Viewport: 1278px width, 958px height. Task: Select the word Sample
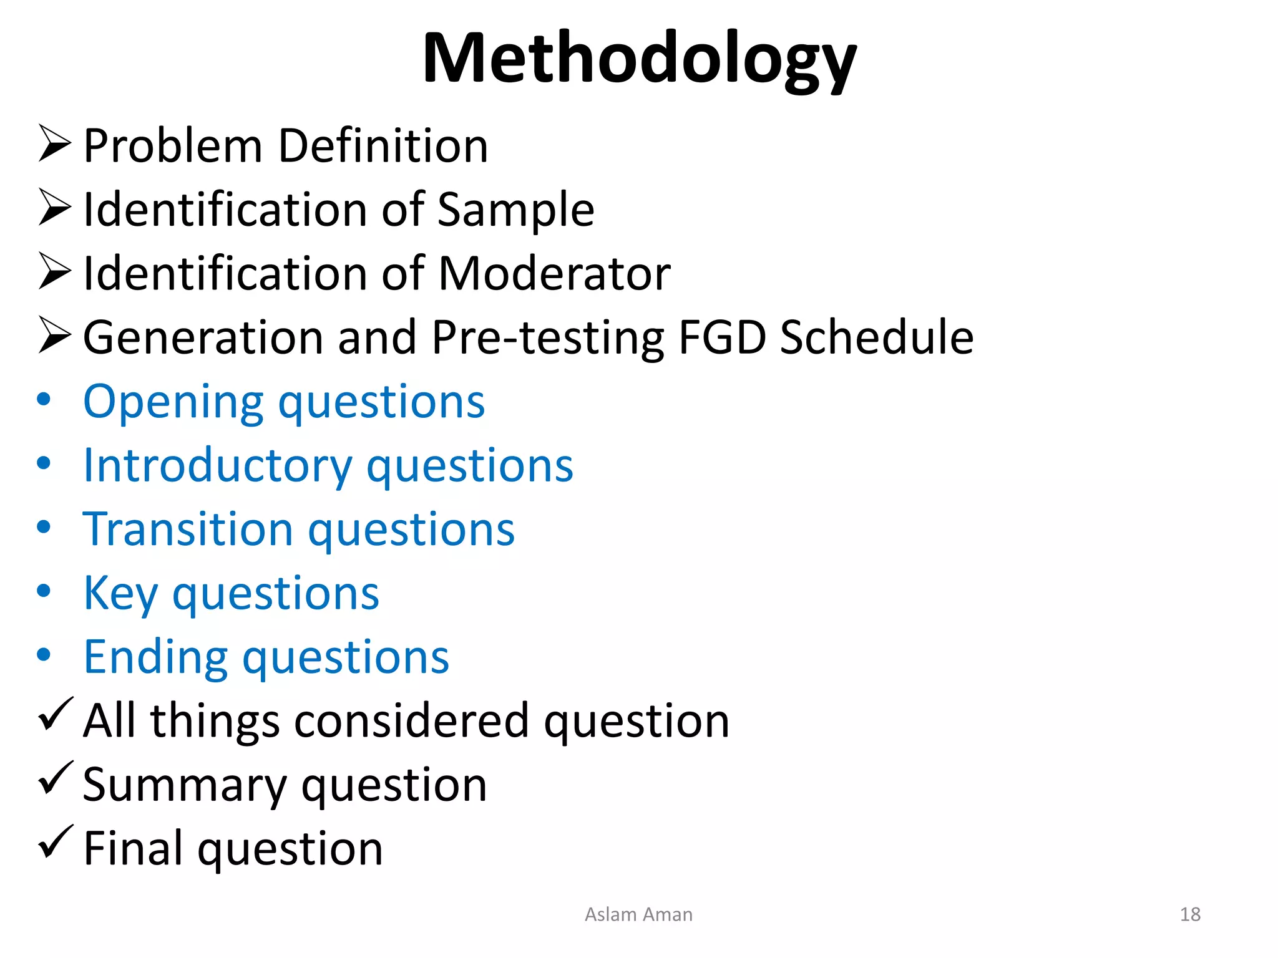pos(515,210)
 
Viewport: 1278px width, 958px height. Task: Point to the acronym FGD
pos(722,337)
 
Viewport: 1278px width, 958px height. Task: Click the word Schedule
pos(877,337)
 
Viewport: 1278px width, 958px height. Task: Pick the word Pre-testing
pos(548,339)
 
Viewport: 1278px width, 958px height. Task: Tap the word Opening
pos(173,402)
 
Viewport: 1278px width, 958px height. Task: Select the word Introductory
pos(218,466)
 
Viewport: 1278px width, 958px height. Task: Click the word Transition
pos(188,530)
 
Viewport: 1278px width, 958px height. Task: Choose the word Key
pos(120,594)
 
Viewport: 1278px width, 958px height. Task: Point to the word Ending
pos(155,657)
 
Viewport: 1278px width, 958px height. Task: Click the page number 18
pos(1190,914)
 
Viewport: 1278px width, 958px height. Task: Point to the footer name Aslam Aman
pos(638,914)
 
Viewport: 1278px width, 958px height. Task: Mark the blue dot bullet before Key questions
pos(44,591)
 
